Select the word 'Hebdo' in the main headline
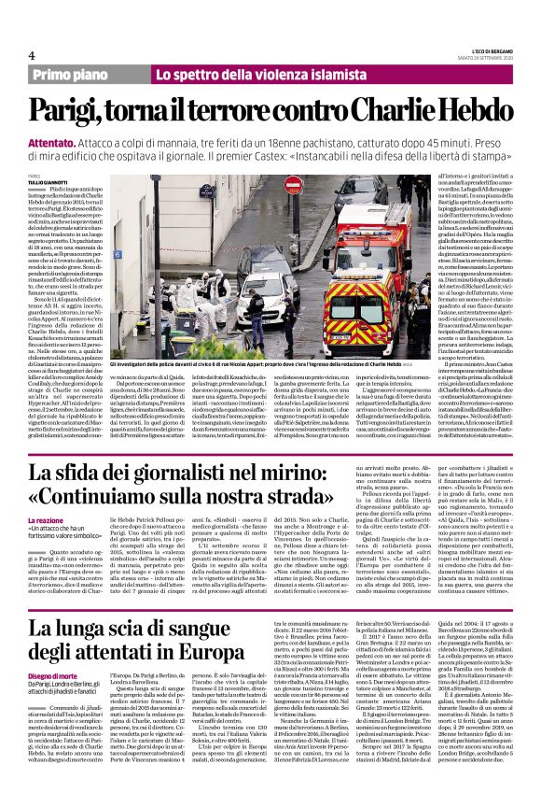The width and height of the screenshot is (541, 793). coord(465,110)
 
